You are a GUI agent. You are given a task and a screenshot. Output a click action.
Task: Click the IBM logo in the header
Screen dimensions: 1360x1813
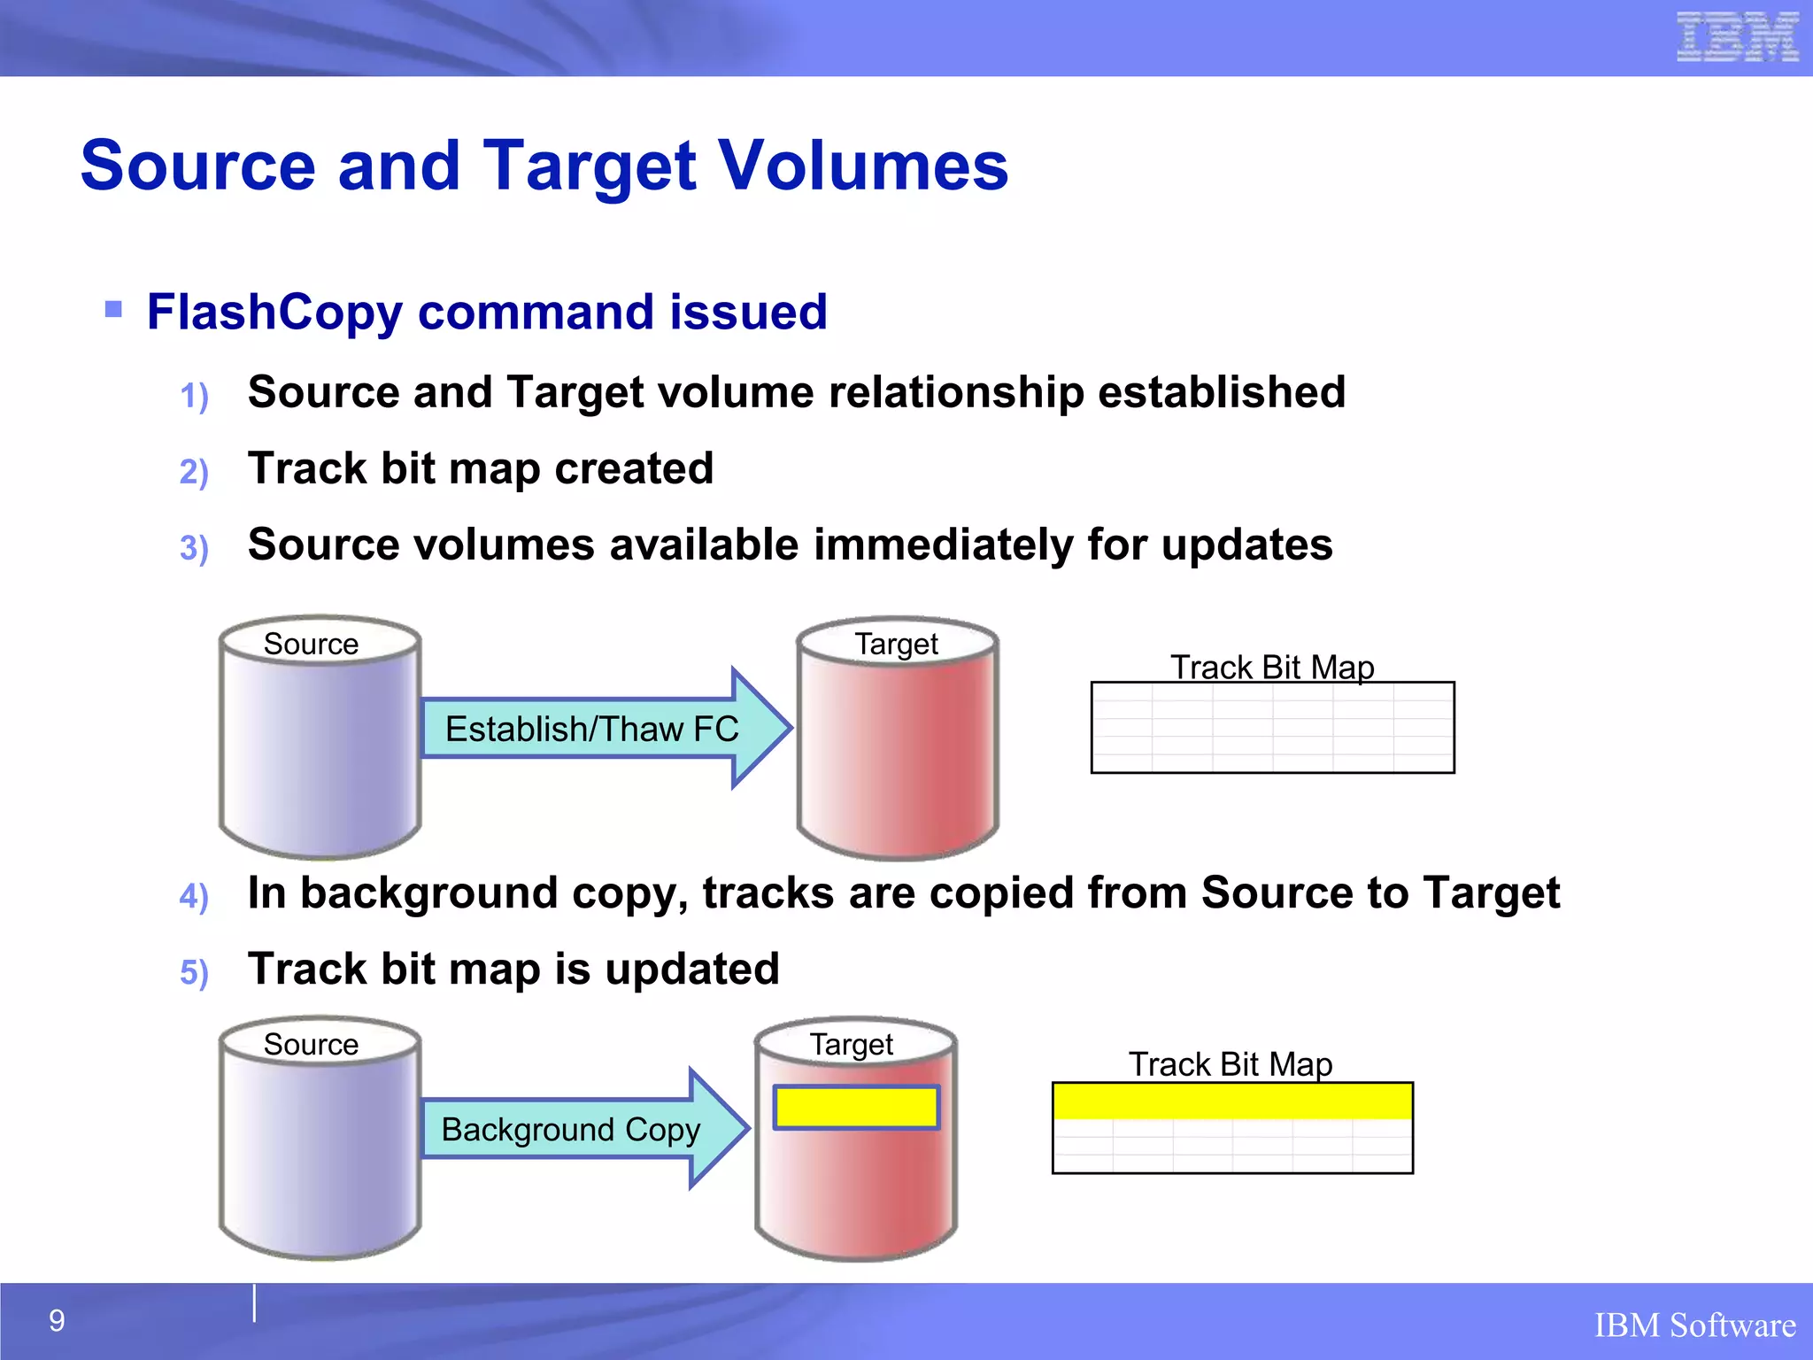1737,37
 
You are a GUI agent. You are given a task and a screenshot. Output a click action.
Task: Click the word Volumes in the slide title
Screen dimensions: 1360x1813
862,166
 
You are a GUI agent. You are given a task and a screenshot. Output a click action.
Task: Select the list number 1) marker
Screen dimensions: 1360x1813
194,395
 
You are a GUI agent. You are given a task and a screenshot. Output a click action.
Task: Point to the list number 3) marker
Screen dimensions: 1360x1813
194,547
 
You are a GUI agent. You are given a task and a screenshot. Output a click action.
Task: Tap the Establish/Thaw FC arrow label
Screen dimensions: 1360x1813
591,730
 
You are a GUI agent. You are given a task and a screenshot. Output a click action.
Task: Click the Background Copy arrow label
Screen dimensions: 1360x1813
571,1130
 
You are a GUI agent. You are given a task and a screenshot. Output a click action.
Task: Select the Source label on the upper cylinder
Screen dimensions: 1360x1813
311,644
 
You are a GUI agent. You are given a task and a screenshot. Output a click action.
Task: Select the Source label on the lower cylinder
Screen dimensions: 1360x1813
311,1044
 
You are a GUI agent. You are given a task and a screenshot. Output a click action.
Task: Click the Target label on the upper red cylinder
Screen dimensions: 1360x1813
896,644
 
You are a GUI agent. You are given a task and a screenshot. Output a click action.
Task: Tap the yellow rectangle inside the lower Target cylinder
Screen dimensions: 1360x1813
856,1107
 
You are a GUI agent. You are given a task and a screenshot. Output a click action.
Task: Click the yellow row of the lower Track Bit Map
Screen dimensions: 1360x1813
1232,1101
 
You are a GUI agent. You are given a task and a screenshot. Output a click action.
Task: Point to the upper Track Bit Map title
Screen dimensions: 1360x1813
1272,667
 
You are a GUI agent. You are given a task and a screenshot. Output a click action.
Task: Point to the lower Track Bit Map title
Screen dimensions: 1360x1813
1231,1063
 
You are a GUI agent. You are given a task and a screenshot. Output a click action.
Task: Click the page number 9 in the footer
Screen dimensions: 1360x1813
57,1321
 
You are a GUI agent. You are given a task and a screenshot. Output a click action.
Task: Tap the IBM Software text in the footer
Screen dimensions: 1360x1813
1694,1325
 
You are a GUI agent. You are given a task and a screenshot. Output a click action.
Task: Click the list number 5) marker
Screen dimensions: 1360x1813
194,972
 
